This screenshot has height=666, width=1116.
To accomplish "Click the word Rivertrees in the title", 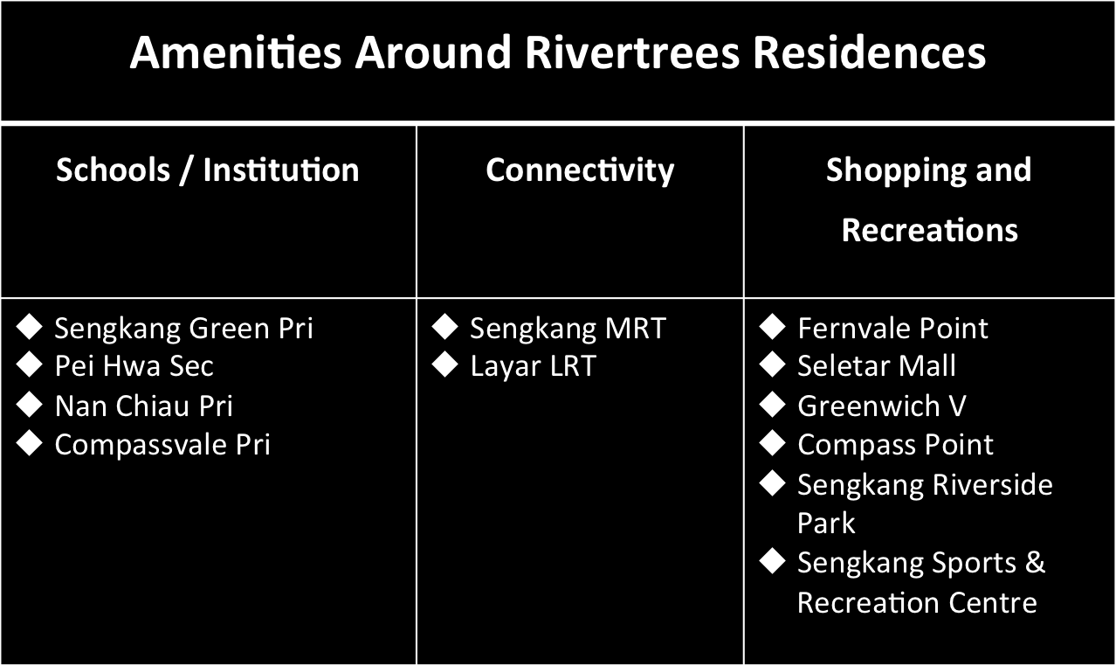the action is [632, 52].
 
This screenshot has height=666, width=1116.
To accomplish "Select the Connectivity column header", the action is [580, 171].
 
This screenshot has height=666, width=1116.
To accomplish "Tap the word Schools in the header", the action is [114, 170].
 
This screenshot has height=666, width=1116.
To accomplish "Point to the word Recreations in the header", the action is [930, 230].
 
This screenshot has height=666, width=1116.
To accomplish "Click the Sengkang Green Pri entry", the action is [184, 329].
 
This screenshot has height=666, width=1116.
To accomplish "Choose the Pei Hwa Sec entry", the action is [134, 366].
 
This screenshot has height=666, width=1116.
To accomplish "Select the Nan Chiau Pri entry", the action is [143, 406].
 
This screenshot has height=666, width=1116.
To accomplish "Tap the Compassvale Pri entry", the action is [162, 444].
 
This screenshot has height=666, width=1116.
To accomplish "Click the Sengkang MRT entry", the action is [568, 329].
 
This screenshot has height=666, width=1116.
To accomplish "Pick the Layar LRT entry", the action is [533, 366].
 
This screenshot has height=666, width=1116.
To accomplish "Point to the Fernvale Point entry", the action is [892, 328].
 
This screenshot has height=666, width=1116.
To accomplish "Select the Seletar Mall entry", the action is [877, 366].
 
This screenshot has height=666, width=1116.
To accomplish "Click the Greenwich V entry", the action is [882, 406].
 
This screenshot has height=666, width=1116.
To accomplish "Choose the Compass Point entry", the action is [895, 444].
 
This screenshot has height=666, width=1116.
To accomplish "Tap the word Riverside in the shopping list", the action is [993, 484].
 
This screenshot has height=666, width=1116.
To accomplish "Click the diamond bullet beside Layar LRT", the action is [444, 364].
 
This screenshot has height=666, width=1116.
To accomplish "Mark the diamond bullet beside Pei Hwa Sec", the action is [30, 364].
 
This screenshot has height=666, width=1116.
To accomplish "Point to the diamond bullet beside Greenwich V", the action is [773, 404].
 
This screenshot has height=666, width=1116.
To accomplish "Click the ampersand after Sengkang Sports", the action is [1035, 562].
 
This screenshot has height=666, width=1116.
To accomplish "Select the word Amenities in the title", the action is [236, 52].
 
